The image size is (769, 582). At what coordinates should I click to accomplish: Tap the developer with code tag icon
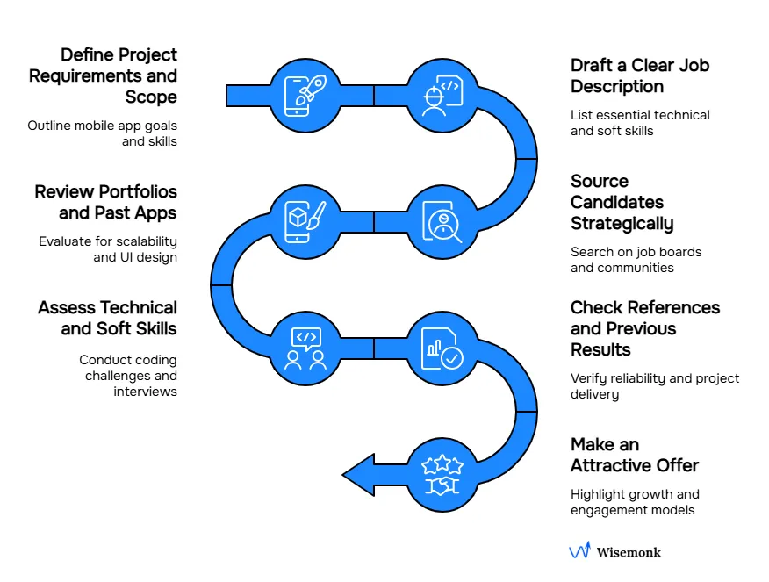(443, 94)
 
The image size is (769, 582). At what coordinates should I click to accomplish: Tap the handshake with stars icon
(443, 474)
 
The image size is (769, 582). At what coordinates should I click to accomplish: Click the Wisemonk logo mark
(579, 551)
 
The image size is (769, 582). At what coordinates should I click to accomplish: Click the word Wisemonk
(629, 552)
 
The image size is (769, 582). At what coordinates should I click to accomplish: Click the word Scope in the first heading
(151, 97)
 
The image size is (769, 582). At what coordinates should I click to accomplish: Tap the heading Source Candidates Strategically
(622, 202)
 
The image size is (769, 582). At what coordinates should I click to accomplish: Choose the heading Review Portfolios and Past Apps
(105, 202)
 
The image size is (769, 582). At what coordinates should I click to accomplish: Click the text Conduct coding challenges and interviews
(128, 375)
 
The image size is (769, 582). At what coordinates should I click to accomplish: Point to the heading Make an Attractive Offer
(635, 455)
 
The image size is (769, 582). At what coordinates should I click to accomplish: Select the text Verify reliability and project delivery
(655, 386)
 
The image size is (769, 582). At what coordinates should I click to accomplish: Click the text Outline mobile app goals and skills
(103, 133)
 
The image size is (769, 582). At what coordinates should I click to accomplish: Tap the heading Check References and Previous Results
(644, 328)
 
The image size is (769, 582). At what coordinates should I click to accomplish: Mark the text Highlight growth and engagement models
(635, 502)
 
